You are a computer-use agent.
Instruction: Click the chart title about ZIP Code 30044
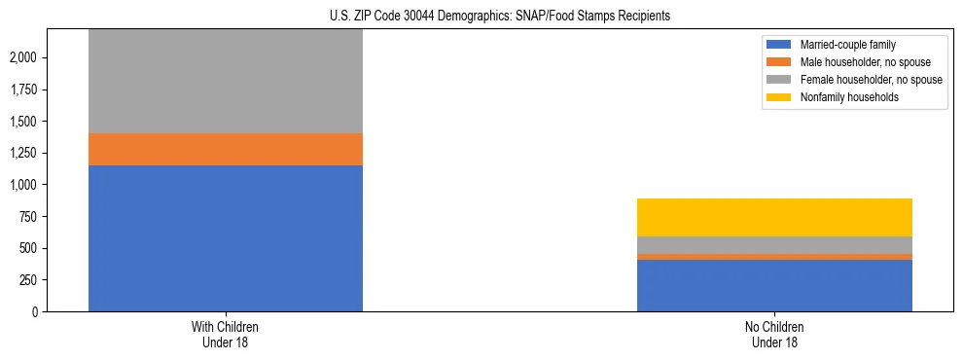pyautogui.click(x=481, y=17)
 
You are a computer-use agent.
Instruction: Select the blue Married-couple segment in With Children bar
pyautogui.click(x=226, y=238)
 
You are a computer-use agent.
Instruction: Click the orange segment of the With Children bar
pyautogui.click(x=226, y=149)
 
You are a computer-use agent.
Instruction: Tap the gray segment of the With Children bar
pyautogui.click(x=226, y=82)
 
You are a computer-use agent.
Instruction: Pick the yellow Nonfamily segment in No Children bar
pyautogui.click(x=774, y=217)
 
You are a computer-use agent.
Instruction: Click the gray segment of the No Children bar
pyautogui.click(x=774, y=245)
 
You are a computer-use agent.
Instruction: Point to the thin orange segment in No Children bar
pyautogui.click(x=774, y=257)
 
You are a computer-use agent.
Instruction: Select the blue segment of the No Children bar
pyautogui.click(x=774, y=285)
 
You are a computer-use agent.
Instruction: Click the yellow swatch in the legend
pyautogui.click(x=779, y=97)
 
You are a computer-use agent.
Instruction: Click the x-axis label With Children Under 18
pyautogui.click(x=226, y=334)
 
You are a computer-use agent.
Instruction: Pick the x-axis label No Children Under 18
pyautogui.click(x=774, y=334)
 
